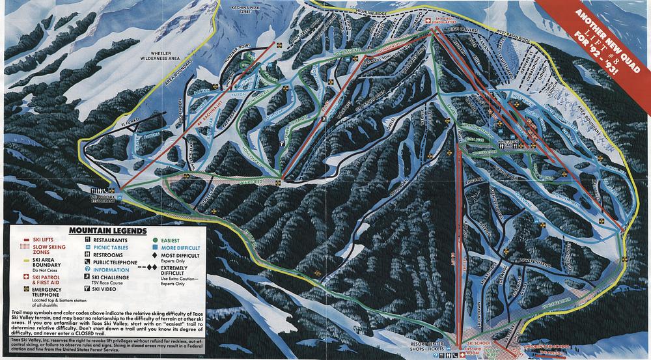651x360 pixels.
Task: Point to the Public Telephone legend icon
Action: coord(87,262)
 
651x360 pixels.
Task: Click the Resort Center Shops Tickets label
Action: coord(427,345)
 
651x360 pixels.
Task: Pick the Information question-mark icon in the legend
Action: coord(87,270)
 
